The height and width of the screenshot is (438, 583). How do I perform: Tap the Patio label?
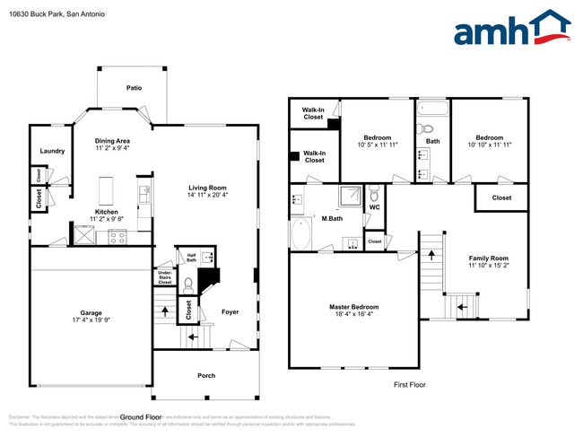click(x=134, y=88)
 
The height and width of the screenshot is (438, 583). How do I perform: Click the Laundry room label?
click(x=52, y=151)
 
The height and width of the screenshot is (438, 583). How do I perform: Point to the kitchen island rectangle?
click(x=107, y=191)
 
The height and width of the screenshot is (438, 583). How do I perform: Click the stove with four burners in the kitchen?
click(x=117, y=237)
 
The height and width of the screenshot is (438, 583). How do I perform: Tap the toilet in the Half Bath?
click(x=188, y=284)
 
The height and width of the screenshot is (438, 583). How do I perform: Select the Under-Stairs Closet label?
click(x=165, y=277)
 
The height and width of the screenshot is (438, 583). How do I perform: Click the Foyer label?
click(x=231, y=311)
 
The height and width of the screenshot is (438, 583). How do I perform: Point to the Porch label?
click(x=206, y=375)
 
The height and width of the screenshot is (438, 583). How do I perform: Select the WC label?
click(x=375, y=208)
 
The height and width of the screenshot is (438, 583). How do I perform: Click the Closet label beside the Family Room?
click(x=501, y=197)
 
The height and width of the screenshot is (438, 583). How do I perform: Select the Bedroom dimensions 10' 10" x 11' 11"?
click(x=489, y=145)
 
